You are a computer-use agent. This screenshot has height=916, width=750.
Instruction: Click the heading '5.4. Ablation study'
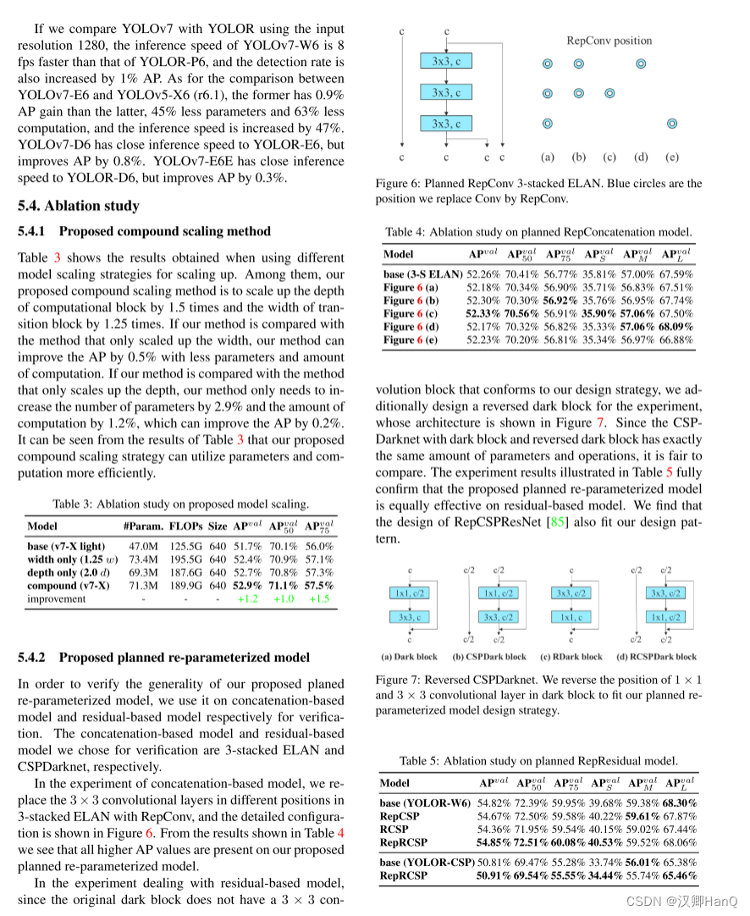78,206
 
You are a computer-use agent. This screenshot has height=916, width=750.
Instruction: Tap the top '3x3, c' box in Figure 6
445,61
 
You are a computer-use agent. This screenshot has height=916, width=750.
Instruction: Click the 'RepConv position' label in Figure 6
609,40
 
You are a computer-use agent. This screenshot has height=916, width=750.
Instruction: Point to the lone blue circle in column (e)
672,124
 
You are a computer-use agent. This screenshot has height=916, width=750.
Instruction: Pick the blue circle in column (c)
609,93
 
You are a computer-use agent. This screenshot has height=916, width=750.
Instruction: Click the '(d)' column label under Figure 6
641,157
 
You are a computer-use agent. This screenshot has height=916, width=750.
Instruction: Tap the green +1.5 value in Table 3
319,599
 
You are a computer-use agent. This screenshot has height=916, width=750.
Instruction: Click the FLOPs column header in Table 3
186,526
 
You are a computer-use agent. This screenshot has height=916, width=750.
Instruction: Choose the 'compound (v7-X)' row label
68,585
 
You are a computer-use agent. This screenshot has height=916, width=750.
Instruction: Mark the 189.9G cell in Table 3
186,585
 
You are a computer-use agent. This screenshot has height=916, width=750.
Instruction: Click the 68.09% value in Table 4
676,326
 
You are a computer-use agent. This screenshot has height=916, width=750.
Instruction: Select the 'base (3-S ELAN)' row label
422,274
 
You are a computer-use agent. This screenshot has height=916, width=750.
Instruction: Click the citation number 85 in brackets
559,522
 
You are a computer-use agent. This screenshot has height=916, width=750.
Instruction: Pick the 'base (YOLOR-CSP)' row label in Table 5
426,862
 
